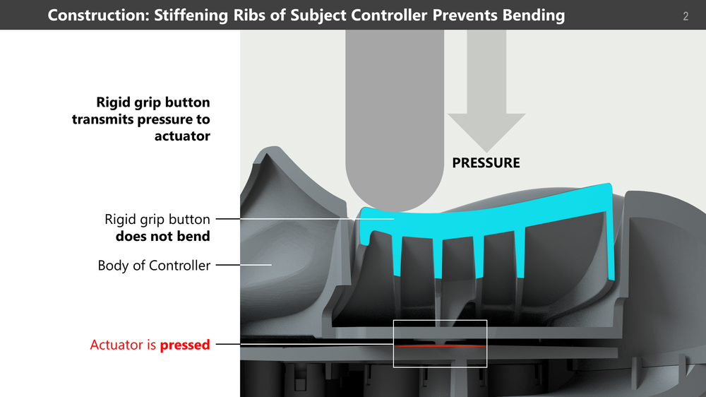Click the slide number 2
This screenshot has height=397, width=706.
686,16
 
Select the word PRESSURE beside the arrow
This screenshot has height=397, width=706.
486,163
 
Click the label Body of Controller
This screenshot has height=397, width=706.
154,266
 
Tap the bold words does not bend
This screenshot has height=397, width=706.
162,237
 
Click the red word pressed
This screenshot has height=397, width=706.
185,345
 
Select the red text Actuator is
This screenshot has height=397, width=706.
124,345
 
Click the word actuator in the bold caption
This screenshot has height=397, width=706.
182,136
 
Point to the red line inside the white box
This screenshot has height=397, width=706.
439,346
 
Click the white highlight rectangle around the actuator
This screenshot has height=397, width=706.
394,343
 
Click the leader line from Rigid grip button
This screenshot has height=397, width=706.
282,220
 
